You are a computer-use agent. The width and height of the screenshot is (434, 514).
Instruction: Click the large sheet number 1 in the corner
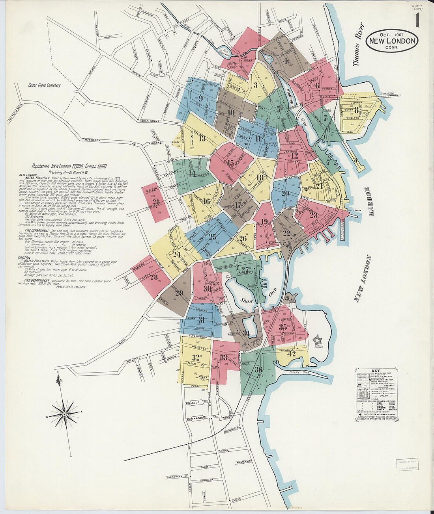pyautogui.click(x=417, y=20)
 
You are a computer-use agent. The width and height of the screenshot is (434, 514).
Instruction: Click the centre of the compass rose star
pyautogui.click(x=64, y=414)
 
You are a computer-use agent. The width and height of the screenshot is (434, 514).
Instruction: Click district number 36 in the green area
pyautogui.click(x=259, y=369)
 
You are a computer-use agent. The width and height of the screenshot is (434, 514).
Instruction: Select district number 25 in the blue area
pyautogui.click(x=212, y=237)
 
